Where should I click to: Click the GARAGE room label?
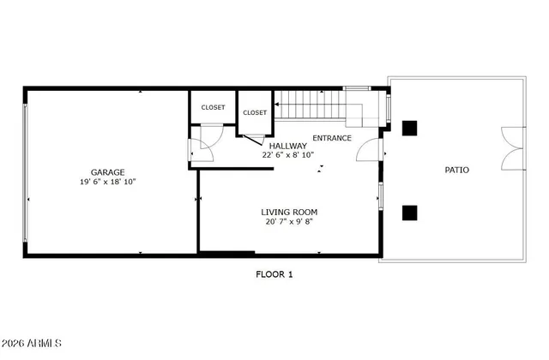click(109, 172)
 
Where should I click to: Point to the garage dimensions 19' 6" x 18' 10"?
click(109, 183)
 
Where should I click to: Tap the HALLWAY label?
click(288, 146)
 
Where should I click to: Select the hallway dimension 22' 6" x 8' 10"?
click(288, 155)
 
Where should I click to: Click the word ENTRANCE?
click(331, 138)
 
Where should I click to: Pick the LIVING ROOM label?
click(289, 212)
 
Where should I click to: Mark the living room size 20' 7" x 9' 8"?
click(289, 222)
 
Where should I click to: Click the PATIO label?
click(456, 170)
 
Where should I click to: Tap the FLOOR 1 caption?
click(274, 274)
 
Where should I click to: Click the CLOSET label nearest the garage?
click(213, 107)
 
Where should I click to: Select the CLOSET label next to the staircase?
click(255, 112)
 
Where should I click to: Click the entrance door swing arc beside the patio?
click(368, 150)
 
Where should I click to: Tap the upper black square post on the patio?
click(410, 128)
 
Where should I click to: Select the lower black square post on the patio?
click(410, 212)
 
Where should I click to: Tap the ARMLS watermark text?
click(32, 345)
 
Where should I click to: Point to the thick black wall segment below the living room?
click(226, 253)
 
